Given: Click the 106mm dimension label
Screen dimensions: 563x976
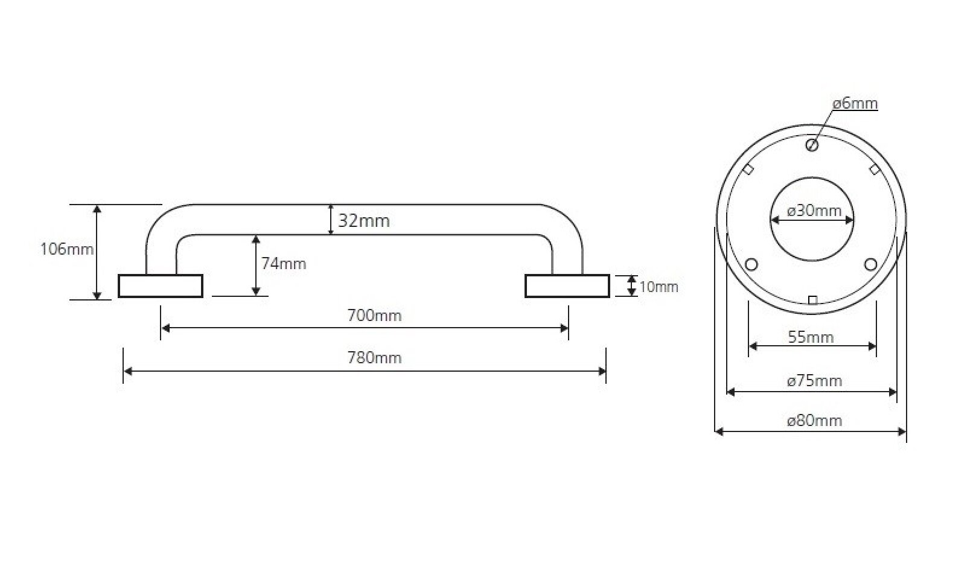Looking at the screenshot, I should coord(66,249).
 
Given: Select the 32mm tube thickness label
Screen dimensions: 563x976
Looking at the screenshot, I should coord(363,221).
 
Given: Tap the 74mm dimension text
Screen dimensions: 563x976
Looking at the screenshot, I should coord(283,264).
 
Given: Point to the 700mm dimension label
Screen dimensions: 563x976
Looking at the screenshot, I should coord(374,316).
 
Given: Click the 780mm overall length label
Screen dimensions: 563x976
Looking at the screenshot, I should coord(374,358).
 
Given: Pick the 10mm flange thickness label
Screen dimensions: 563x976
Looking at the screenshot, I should coord(659,287).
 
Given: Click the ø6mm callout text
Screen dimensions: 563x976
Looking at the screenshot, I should coord(855,104).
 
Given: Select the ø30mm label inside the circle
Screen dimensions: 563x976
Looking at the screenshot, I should coord(814,211).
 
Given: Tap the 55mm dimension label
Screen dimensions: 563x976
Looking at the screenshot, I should coord(811,337).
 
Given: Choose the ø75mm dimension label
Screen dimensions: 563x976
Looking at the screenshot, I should coord(814,381).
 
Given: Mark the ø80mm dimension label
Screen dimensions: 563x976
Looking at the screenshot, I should coord(814,421).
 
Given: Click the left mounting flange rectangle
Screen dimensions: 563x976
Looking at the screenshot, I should coord(160,286).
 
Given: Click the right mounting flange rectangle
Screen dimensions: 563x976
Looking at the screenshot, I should coord(567,286).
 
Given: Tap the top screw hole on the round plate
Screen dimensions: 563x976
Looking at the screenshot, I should coord(812,145).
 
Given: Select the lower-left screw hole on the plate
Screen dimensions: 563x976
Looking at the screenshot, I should coord(752,264).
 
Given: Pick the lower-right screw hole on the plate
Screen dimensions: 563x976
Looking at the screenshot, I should coord(870,264).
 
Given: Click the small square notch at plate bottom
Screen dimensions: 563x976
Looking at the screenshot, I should coord(812,300).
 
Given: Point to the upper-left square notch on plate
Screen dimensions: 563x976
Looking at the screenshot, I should coord(748,170).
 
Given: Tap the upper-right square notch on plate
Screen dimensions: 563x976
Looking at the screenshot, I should coord(874,170).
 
